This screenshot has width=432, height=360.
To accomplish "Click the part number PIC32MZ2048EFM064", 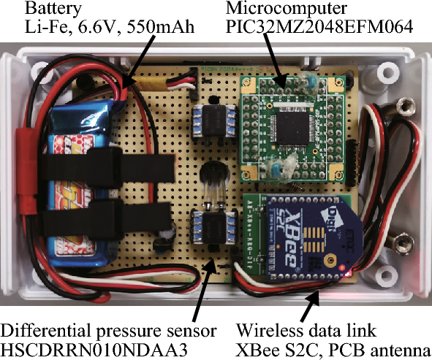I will click(319, 28).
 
